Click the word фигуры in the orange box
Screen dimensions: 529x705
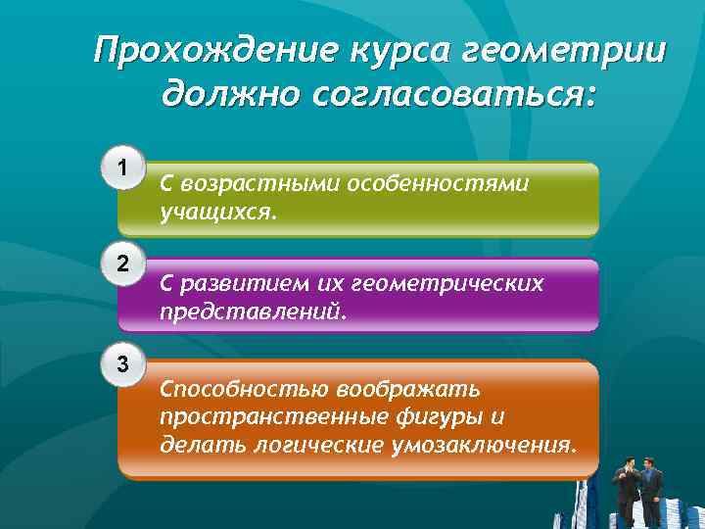439,417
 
